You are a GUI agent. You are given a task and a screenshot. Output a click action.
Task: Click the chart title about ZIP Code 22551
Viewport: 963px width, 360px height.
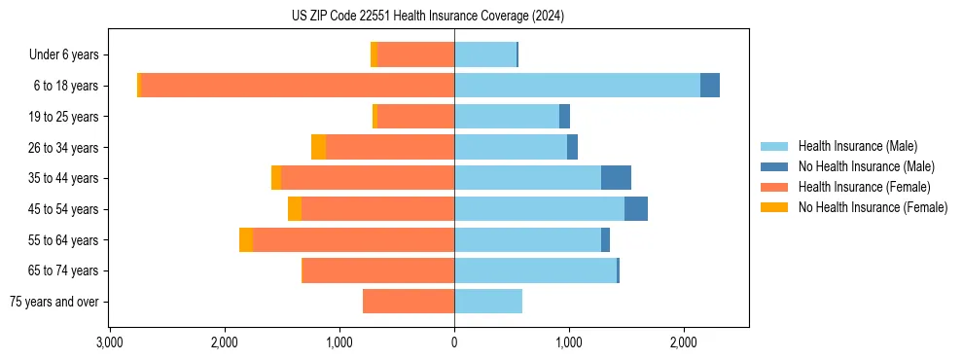click(x=427, y=17)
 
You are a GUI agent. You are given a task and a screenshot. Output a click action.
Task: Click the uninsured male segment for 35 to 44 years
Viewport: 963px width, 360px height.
click(x=616, y=178)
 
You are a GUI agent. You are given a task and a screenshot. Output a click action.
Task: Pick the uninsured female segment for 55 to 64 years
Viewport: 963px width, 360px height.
click(x=246, y=239)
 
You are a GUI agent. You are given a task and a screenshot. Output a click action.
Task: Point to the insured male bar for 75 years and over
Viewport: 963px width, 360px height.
click(x=488, y=302)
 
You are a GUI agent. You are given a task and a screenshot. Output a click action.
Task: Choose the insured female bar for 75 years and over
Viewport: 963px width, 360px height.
click(x=409, y=302)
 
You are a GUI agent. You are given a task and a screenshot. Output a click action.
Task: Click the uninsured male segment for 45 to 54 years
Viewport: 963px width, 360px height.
click(x=636, y=208)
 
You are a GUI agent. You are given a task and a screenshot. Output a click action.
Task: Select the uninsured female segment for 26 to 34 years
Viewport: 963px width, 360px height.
click(x=318, y=147)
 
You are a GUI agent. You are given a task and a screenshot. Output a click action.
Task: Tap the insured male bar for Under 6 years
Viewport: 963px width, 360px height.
click(x=485, y=54)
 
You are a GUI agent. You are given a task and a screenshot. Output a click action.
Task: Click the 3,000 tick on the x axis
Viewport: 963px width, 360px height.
click(x=110, y=342)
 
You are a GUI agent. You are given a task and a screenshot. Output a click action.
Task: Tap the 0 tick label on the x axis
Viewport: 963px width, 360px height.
click(x=454, y=342)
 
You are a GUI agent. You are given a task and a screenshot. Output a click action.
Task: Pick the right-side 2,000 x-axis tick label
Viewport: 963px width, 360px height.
click(x=684, y=342)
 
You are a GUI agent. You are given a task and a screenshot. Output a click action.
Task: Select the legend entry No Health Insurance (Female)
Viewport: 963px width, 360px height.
click(x=872, y=207)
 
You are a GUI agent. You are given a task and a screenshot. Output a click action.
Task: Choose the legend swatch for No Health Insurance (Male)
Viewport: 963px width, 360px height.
click(x=775, y=166)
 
